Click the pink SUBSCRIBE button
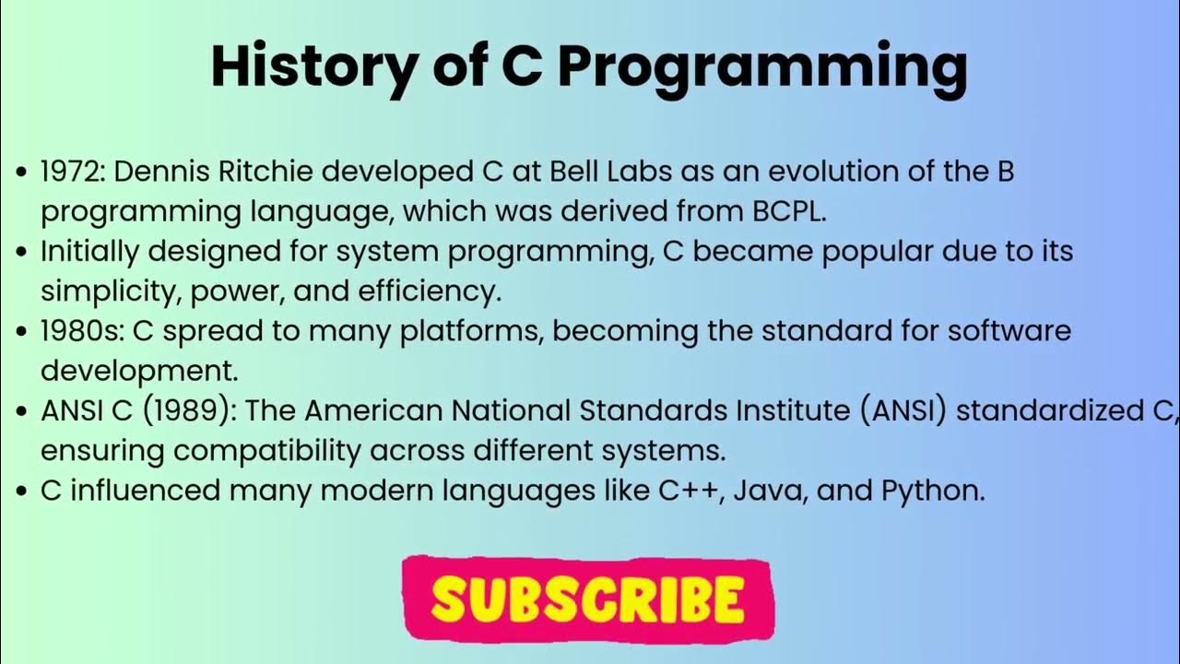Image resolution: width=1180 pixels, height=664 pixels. pos(587,599)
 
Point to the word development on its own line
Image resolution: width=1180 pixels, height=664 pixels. pos(138,371)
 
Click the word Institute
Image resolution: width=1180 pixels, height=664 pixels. pos(785,411)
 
